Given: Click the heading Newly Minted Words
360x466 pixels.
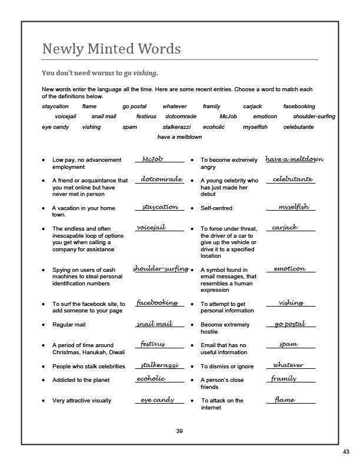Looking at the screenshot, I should click(x=111, y=49).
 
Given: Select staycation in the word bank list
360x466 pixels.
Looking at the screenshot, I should click(x=55, y=106).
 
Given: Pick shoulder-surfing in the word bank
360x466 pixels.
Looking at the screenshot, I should click(x=314, y=116).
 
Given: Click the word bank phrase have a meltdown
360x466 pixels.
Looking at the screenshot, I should click(x=179, y=137).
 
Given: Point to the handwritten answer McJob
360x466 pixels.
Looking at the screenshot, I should click(x=152, y=159).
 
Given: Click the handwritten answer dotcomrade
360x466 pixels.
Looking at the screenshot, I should click(x=161, y=179).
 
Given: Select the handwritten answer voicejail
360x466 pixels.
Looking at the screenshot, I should click(x=151, y=227).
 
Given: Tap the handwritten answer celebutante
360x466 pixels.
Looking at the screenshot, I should click(x=292, y=179).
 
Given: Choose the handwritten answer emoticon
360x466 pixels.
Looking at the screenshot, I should click(x=289, y=269).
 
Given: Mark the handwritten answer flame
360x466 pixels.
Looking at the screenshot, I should click(x=285, y=400).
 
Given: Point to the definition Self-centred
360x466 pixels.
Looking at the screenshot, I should click(x=216, y=208).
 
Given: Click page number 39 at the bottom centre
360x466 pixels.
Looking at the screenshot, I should click(x=179, y=431).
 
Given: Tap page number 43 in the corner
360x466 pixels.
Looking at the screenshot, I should click(x=346, y=451).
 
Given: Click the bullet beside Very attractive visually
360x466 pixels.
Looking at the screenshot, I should click(x=44, y=401).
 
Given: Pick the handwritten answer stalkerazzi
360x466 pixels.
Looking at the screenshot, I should click(x=159, y=365).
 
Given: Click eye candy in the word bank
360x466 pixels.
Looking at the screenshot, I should click(x=55, y=127).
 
